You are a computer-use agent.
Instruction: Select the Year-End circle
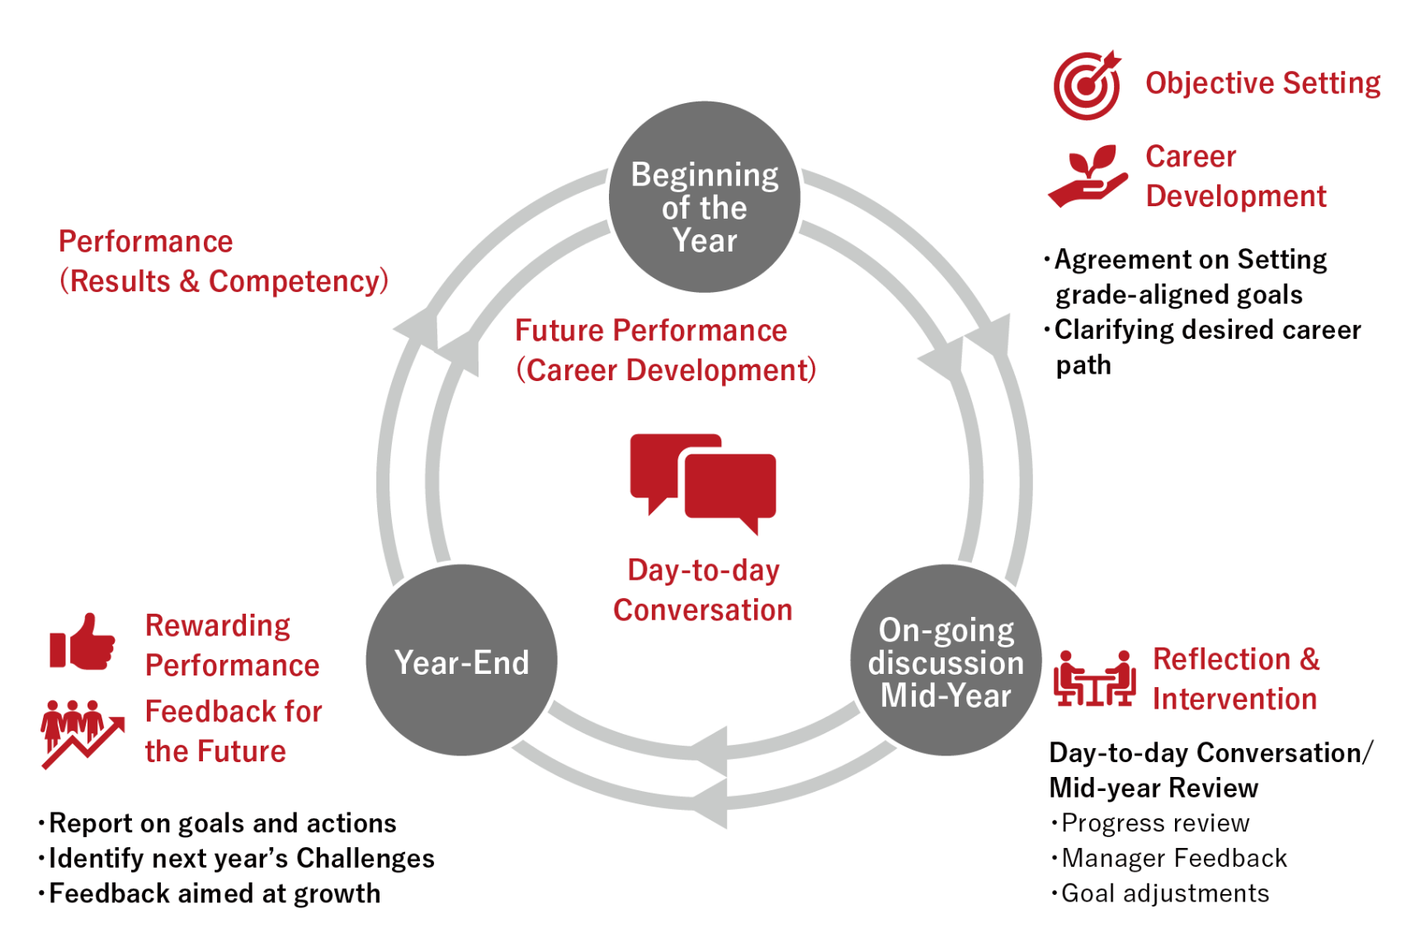[x=461, y=660]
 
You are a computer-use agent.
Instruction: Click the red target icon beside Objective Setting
[x=1088, y=84]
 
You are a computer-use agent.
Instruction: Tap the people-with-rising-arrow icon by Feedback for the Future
[x=82, y=732]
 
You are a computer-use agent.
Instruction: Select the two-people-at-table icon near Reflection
[x=1095, y=678]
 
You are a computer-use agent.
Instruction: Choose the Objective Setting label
[x=1262, y=83]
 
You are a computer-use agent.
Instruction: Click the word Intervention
[x=1234, y=699]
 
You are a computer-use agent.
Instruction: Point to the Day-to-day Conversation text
[x=703, y=591]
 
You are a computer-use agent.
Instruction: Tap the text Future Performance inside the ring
[x=651, y=331]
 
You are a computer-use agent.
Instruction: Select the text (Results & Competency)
[x=224, y=281]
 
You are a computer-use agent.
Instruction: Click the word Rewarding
[x=218, y=626]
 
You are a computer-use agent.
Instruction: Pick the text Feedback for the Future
[x=234, y=732]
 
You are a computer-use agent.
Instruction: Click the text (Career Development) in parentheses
[x=666, y=370]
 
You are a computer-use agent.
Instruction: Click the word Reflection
[x=1221, y=660]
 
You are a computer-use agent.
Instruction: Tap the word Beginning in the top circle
[x=705, y=175]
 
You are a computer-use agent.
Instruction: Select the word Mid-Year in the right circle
[x=946, y=696]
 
